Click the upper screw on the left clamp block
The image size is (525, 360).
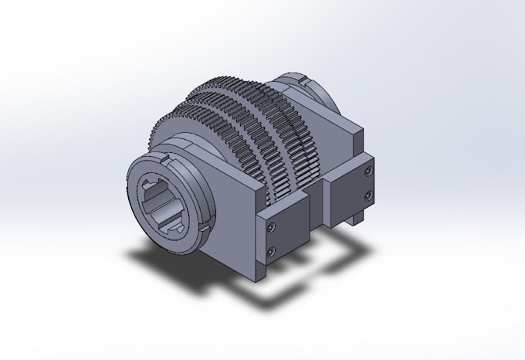point(269,227)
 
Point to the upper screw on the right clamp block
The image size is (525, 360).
point(369,169)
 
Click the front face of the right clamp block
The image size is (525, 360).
point(351,185)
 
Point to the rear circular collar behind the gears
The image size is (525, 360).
point(317,93)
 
